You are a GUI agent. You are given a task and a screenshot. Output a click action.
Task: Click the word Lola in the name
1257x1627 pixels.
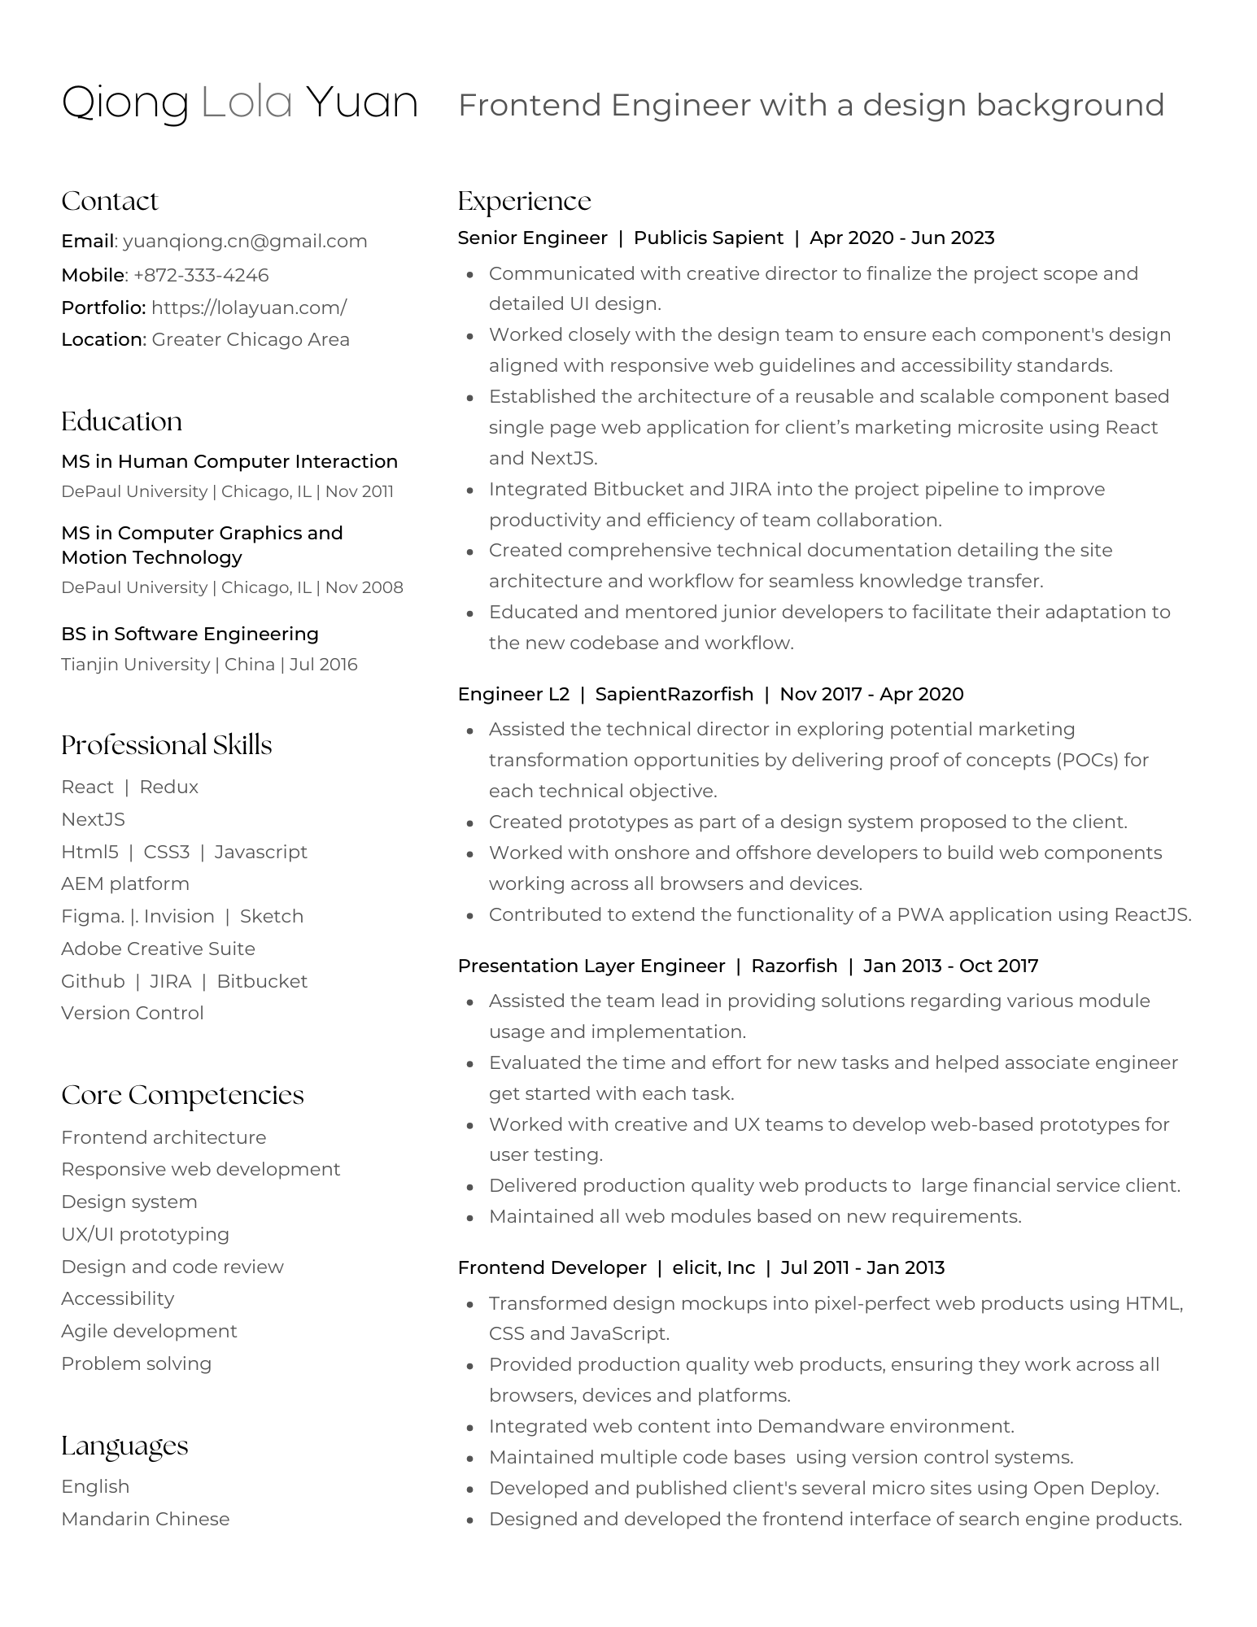click(247, 103)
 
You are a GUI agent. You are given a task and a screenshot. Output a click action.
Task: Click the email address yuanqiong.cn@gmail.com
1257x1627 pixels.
click(245, 242)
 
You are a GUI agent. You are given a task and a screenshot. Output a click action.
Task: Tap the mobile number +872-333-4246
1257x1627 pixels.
click(201, 276)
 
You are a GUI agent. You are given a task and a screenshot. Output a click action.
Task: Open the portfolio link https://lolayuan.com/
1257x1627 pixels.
click(249, 308)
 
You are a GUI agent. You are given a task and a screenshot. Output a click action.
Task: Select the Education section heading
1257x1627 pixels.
click(121, 421)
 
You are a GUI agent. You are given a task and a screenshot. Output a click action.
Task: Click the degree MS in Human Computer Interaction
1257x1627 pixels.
click(229, 462)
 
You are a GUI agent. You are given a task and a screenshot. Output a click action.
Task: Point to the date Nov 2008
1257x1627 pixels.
click(364, 587)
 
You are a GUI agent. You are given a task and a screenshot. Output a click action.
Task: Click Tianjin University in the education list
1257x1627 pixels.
click(135, 665)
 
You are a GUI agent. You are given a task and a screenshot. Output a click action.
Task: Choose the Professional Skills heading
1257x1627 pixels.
click(166, 745)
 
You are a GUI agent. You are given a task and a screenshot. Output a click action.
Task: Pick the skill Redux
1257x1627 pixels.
click(168, 787)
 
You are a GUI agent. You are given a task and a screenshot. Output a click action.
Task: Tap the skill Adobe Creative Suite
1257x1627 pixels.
click(158, 949)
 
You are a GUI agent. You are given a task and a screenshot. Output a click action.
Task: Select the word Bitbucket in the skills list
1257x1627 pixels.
click(262, 982)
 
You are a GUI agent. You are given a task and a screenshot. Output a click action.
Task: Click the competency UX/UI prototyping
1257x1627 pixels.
click(145, 1235)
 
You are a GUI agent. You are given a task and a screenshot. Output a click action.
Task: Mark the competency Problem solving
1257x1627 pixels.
click(136, 1364)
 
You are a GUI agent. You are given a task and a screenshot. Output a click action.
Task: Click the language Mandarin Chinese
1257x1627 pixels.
click(145, 1520)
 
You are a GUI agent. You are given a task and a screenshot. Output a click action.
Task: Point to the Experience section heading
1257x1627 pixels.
click(524, 201)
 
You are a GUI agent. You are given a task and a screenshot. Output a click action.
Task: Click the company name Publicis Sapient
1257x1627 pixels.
click(708, 238)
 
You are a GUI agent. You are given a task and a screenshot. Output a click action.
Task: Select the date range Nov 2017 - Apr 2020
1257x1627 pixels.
click(871, 695)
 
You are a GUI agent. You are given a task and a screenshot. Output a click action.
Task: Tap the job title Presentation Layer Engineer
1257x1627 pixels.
click(591, 966)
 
